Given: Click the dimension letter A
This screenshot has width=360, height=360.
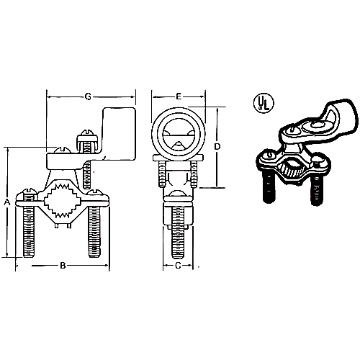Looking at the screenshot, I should tap(7, 202).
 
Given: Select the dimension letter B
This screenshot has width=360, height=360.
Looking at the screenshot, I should tap(63, 266).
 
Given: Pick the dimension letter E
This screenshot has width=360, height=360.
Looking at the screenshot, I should tap(177, 94).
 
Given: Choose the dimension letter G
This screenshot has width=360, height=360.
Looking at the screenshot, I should tap(89, 94).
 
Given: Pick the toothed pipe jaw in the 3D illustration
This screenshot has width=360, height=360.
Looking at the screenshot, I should tap(292, 171).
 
